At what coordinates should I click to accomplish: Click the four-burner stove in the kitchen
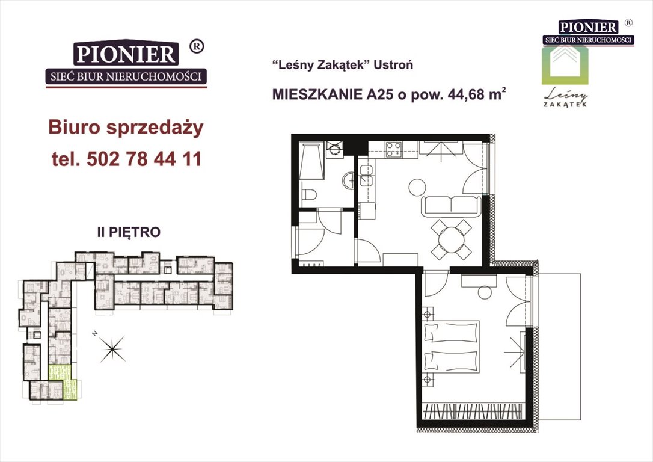click(x=394, y=148)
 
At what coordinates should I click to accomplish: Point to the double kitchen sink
click(x=366, y=174)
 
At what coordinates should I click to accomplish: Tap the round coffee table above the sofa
click(x=417, y=187)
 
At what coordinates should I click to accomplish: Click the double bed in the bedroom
click(x=451, y=346)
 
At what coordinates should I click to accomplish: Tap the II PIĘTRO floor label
click(x=129, y=232)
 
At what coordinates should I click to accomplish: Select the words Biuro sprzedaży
click(x=126, y=128)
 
